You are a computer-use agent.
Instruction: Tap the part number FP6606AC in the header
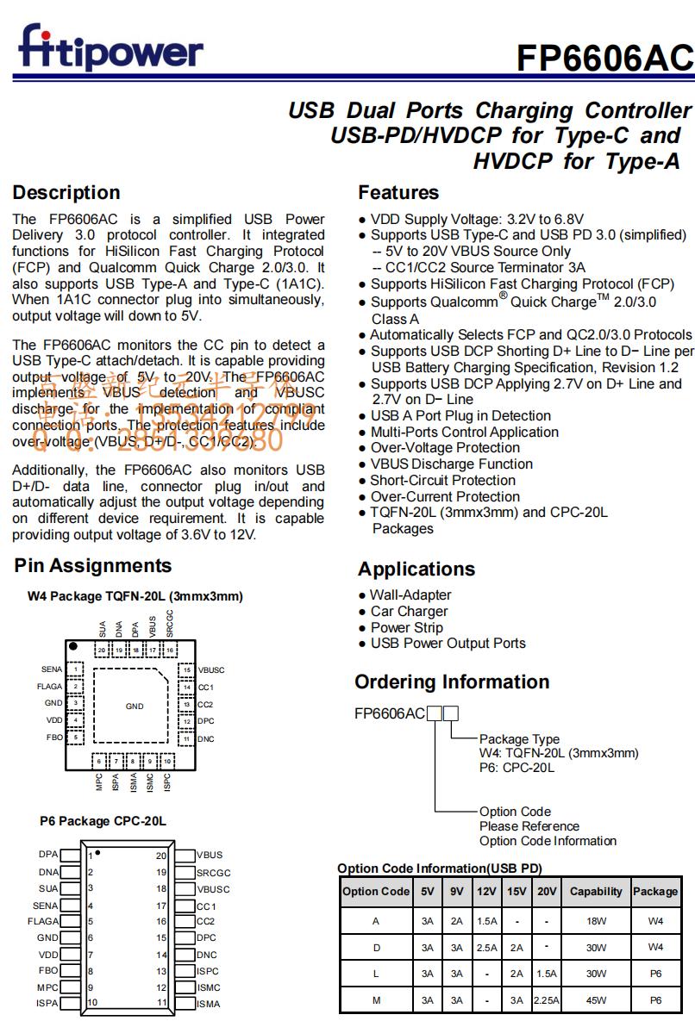click(x=604, y=58)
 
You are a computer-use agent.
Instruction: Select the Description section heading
click(x=66, y=192)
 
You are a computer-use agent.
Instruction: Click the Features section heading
click(x=398, y=192)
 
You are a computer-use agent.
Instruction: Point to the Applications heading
click(x=416, y=569)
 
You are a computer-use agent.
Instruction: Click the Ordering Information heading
click(x=452, y=682)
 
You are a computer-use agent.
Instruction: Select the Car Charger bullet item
click(x=409, y=611)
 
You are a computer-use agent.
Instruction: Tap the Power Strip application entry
click(x=406, y=627)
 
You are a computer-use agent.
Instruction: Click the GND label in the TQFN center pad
click(x=135, y=707)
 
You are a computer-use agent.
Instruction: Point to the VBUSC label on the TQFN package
click(x=211, y=669)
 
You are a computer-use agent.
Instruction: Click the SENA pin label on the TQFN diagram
click(x=52, y=669)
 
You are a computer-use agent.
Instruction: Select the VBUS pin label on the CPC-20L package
click(x=210, y=856)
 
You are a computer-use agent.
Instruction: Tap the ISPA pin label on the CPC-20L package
click(x=47, y=1003)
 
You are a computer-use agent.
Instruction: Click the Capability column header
click(x=596, y=892)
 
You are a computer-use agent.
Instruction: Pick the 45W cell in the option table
click(x=596, y=1000)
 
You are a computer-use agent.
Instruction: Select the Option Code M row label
click(x=376, y=1000)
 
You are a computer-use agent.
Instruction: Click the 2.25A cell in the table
click(x=547, y=1000)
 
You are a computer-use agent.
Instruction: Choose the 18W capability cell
click(x=596, y=921)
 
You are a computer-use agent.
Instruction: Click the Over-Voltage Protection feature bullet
click(x=445, y=447)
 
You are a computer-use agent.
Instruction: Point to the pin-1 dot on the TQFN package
click(x=74, y=646)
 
